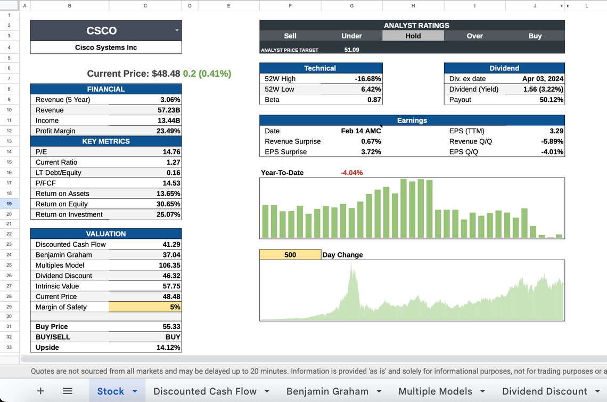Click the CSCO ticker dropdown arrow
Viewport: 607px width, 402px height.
point(177,30)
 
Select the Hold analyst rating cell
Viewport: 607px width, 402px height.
point(413,36)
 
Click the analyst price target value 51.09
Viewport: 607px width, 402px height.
point(351,50)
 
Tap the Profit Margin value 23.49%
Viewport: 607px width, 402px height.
point(170,131)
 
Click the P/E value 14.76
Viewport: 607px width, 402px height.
point(171,151)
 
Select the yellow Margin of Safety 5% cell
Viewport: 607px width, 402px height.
point(145,307)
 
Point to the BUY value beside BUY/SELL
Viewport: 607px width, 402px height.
point(173,337)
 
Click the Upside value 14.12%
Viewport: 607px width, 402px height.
point(169,347)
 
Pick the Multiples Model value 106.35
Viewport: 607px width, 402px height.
point(169,265)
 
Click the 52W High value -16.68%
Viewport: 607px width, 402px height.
point(368,78)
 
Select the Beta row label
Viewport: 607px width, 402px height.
point(273,100)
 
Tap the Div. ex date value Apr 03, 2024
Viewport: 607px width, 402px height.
point(543,78)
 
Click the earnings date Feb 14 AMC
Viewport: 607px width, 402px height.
point(360,131)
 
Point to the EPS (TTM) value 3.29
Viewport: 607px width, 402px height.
point(556,131)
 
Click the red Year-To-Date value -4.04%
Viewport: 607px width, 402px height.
point(351,173)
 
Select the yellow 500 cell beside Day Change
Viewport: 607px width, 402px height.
point(290,255)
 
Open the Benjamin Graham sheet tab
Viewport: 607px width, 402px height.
point(327,391)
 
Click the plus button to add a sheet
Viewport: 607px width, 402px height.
point(40,391)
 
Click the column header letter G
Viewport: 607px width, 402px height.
point(351,5)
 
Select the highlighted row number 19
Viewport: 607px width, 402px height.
point(10,204)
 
